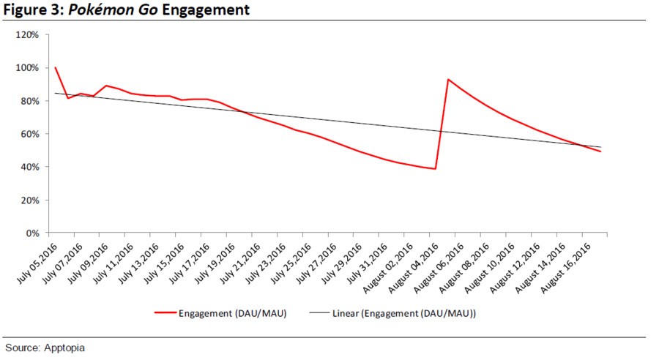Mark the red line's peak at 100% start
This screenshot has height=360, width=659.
click(56, 67)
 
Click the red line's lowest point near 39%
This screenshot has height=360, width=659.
click(436, 168)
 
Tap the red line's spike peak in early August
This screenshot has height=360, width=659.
click(448, 79)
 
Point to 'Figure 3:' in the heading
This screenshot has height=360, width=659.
click(31, 10)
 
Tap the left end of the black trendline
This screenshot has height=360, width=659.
click(56, 93)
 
